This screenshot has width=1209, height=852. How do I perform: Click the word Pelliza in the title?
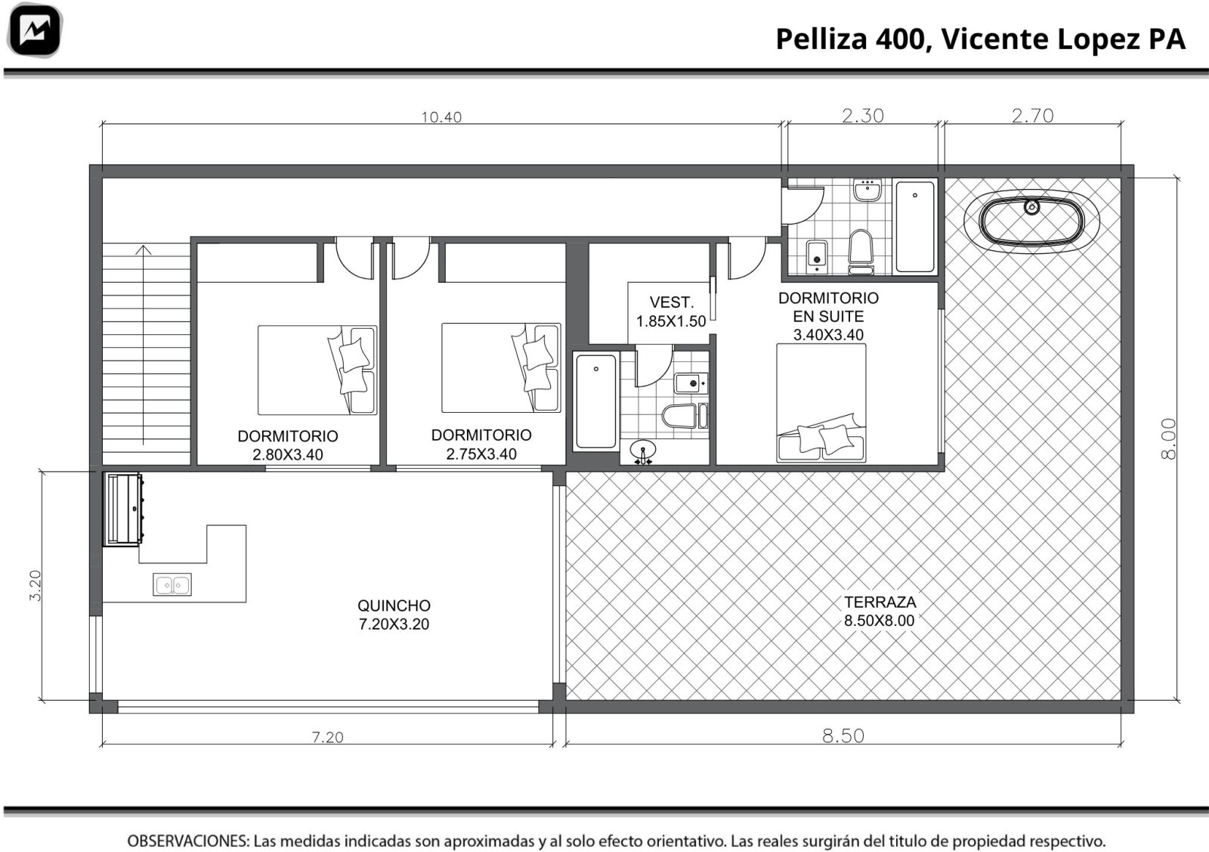821,39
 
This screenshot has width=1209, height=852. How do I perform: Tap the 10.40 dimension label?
441,117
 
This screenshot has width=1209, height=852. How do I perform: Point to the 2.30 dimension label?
863,116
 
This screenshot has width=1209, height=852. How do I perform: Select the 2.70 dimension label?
1032,116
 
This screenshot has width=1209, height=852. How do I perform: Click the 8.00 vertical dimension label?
1168,438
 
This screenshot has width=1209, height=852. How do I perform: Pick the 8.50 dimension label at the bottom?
843,736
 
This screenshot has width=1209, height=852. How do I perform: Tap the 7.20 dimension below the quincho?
328,737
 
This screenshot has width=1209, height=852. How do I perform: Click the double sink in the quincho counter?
172,584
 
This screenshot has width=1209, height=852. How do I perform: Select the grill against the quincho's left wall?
124,510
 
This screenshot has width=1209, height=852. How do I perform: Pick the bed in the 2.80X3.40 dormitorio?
317,370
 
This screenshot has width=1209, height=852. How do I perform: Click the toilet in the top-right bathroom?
861,252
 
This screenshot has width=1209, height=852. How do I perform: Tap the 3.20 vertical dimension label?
35,586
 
